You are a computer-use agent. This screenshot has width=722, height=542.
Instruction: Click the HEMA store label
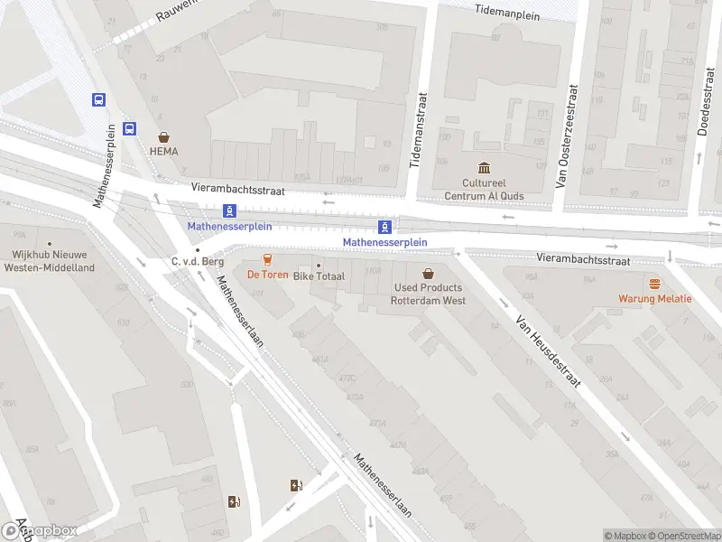pyautogui.click(x=164, y=152)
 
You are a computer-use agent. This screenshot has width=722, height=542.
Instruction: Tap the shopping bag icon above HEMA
pyautogui.click(x=164, y=137)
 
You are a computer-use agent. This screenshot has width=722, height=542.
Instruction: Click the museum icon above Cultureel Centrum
pyautogui.click(x=484, y=168)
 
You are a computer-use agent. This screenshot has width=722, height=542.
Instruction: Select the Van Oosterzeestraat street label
pyautogui.click(x=566, y=135)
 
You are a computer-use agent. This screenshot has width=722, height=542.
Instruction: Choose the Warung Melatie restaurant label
pyautogui.click(x=654, y=298)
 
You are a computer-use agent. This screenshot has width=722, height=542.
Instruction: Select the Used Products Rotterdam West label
pyautogui.click(x=428, y=294)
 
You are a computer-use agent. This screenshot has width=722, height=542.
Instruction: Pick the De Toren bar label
pyautogui.click(x=267, y=275)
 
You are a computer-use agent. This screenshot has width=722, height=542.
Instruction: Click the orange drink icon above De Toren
pyautogui.click(x=267, y=259)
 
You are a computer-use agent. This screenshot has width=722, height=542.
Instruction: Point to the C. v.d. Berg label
pyautogui.click(x=197, y=262)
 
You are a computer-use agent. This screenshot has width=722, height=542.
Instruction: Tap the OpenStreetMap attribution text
pyautogui.click(x=684, y=536)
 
